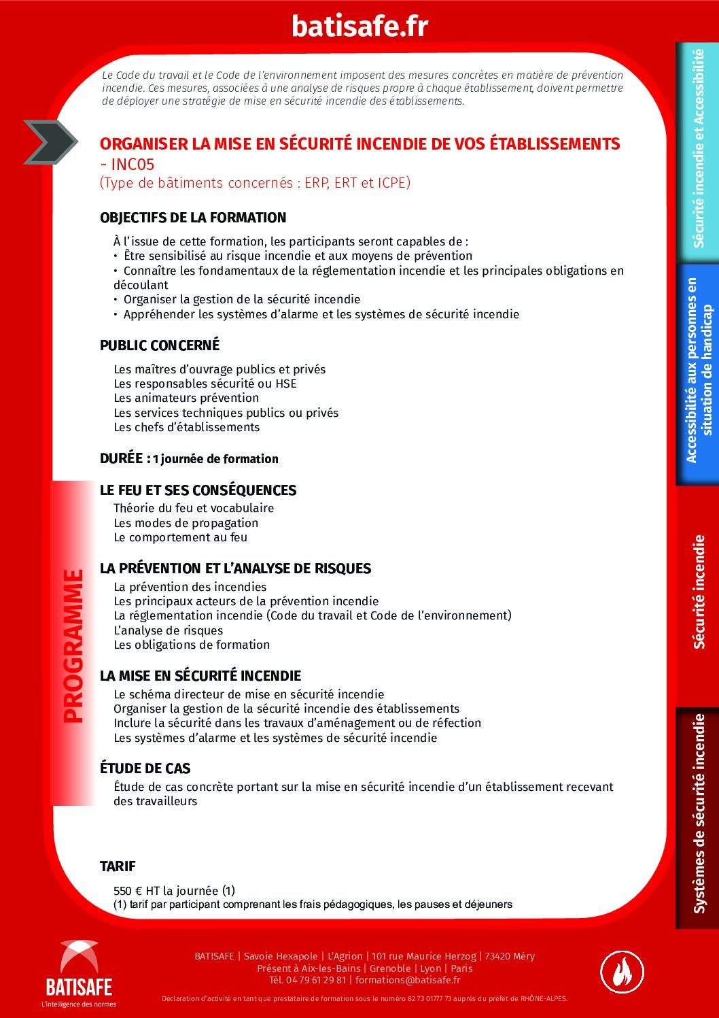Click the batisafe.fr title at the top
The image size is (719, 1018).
click(x=359, y=26)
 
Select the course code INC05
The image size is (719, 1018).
click(x=133, y=164)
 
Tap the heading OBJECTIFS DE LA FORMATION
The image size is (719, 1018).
click(x=193, y=218)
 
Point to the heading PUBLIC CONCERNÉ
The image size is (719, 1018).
click(x=160, y=345)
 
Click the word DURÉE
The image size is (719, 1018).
click(x=122, y=458)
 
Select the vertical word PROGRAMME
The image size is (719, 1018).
click(x=73, y=646)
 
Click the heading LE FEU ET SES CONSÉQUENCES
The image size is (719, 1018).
click(x=198, y=490)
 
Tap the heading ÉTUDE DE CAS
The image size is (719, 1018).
click(x=145, y=768)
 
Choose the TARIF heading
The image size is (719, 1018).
click(x=118, y=866)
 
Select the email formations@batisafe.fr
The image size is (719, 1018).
click(x=408, y=980)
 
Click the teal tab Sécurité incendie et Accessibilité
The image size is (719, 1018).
click(x=698, y=148)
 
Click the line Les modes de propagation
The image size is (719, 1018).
click(x=186, y=523)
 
